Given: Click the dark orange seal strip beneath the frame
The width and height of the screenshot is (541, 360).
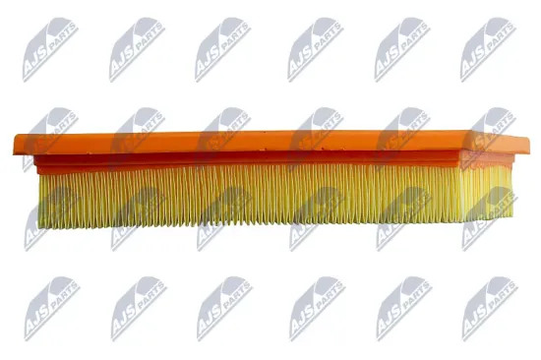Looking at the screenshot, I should [266, 158].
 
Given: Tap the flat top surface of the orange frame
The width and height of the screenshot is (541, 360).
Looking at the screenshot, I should [266, 141].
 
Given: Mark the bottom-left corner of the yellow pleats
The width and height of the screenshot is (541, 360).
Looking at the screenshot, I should [40, 225].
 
